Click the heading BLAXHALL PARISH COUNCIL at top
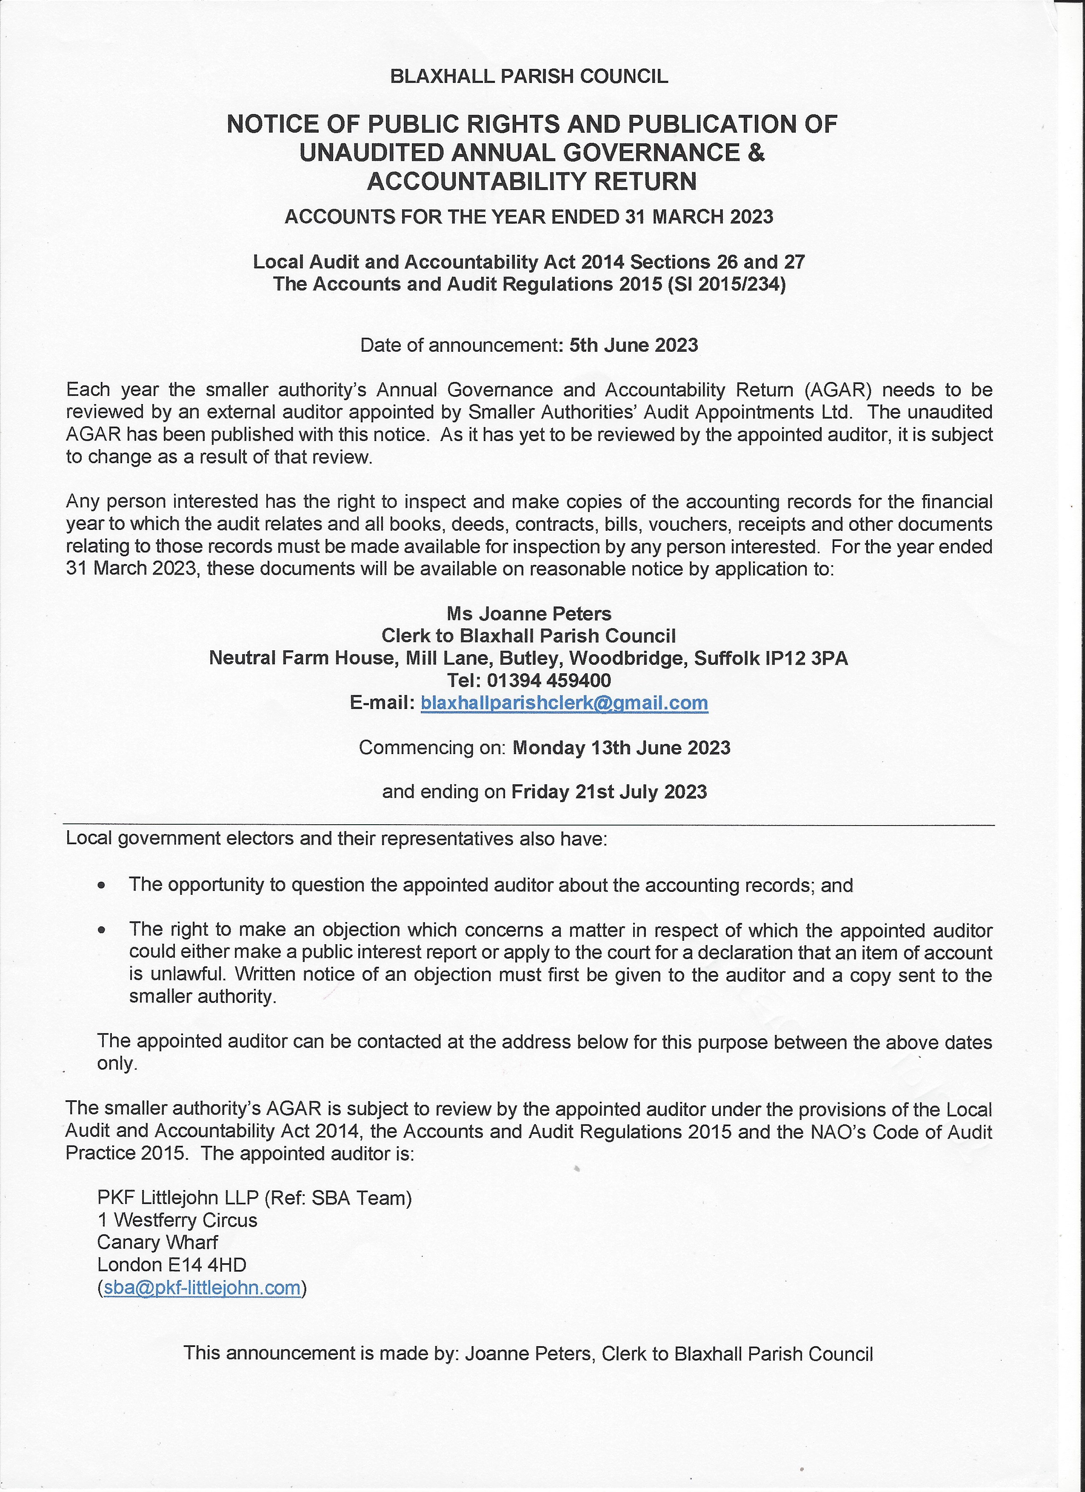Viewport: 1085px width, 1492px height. click(x=529, y=76)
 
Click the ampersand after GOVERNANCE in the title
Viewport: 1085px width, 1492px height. click(x=757, y=153)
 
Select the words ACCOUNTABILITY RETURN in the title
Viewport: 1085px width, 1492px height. click(x=531, y=181)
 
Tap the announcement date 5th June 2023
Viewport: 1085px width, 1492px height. click(x=634, y=345)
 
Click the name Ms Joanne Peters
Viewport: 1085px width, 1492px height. click(x=529, y=614)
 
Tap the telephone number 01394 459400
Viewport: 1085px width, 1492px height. click(x=549, y=680)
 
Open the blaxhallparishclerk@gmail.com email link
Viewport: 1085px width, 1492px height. click(x=564, y=703)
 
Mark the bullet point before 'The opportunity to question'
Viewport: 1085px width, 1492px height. click(x=101, y=886)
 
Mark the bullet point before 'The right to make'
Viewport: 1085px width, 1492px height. click(x=101, y=931)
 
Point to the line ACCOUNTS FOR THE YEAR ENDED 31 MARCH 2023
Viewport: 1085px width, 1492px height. click(x=529, y=216)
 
